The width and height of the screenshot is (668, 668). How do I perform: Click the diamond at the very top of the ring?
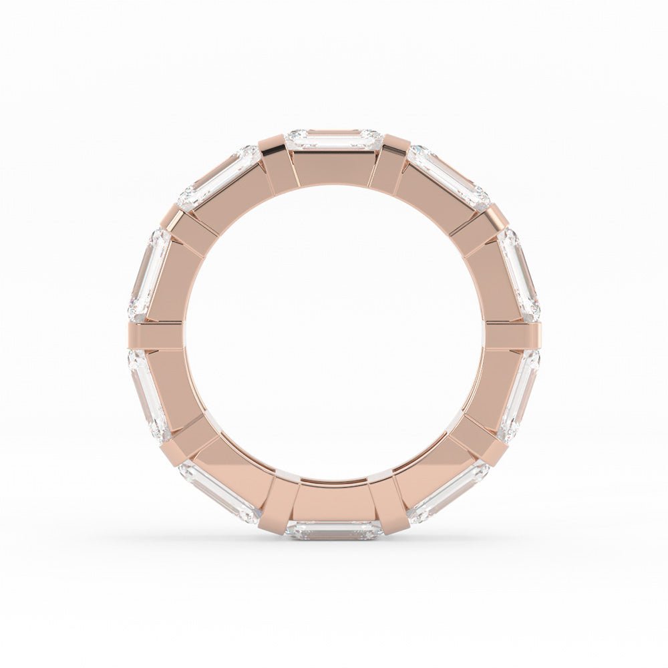333,139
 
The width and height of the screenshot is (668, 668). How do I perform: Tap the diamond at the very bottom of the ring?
333,530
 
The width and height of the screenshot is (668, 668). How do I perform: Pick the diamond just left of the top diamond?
219,177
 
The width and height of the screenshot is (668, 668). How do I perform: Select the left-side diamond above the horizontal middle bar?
148,274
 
